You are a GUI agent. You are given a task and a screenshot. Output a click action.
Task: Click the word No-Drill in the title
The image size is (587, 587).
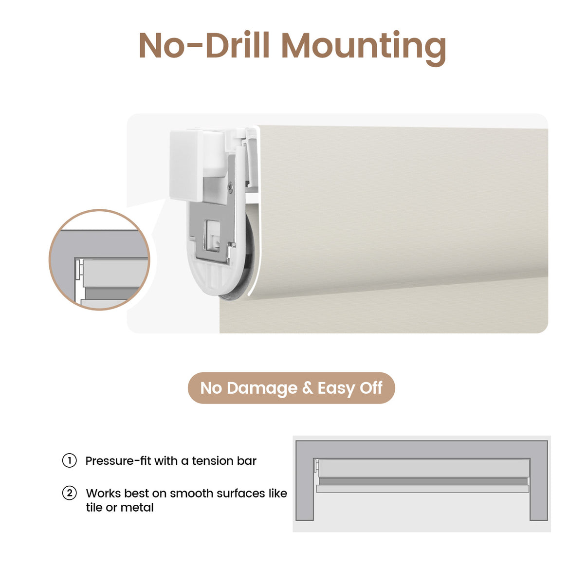pos(204,45)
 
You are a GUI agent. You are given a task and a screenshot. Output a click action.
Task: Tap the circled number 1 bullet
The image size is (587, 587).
pos(70,460)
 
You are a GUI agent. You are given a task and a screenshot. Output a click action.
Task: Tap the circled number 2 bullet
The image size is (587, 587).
pos(70,493)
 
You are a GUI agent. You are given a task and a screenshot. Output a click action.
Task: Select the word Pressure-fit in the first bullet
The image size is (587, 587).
pos(118,461)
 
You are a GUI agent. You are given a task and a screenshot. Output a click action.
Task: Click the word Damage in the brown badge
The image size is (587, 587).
pos(262,388)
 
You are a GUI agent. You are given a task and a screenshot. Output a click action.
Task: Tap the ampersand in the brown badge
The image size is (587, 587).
pos(307,388)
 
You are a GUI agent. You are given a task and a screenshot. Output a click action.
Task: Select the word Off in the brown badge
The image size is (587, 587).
pos(371,388)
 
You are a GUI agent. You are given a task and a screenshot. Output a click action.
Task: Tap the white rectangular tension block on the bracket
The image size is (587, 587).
pos(186,165)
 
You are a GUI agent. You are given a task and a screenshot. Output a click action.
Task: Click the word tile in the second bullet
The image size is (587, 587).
pos(93,508)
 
